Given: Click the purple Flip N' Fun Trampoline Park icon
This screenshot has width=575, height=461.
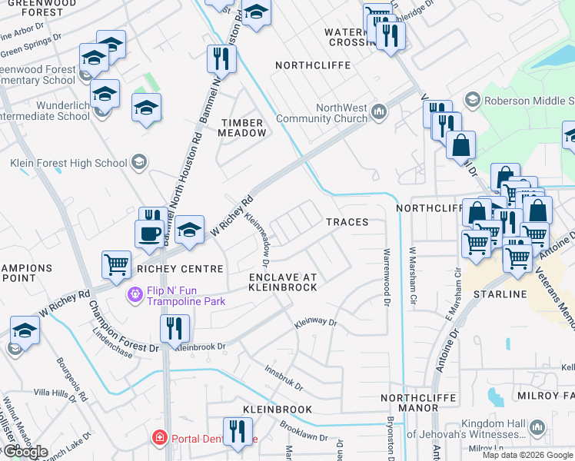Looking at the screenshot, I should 135,294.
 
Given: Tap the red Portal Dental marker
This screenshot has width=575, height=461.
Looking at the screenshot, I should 160,438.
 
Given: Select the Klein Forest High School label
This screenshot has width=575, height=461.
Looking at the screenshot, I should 68,162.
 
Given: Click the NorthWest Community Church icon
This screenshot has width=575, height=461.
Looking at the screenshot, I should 377,113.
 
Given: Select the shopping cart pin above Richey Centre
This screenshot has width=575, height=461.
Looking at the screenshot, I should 116,264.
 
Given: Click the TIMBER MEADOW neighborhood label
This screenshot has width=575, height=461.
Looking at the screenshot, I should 243,128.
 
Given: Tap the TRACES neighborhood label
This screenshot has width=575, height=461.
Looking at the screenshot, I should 347,222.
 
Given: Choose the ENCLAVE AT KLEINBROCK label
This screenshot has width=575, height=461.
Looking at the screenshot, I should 282,281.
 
